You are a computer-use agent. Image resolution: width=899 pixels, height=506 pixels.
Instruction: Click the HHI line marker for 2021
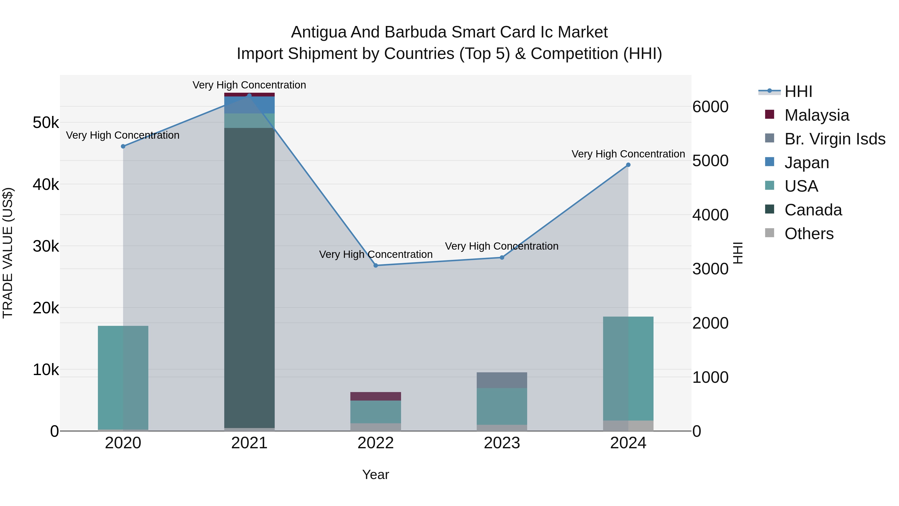[249, 95]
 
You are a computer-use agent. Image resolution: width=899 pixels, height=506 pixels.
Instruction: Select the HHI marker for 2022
[376, 265]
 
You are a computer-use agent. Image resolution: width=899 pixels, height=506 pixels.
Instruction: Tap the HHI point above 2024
[628, 165]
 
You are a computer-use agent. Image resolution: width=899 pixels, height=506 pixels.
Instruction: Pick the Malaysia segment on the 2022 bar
[376, 396]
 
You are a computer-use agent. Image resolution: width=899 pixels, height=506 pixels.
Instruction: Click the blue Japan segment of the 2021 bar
[249, 105]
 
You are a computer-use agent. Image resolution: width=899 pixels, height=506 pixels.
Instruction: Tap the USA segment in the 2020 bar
[123, 377]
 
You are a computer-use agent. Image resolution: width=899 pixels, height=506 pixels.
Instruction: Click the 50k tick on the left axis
[46, 123]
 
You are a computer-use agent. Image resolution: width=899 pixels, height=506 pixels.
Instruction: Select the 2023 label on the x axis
[502, 443]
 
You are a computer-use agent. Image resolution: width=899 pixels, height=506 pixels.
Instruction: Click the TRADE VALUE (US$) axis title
[8, 253]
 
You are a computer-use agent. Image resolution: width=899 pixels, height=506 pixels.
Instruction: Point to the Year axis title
[376, 475]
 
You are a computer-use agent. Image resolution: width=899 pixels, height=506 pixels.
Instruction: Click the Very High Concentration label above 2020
[123, 135]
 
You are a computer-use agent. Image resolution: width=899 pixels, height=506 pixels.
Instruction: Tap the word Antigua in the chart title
[318, 32]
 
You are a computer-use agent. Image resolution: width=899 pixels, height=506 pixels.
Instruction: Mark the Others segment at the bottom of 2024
[628, 426]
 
